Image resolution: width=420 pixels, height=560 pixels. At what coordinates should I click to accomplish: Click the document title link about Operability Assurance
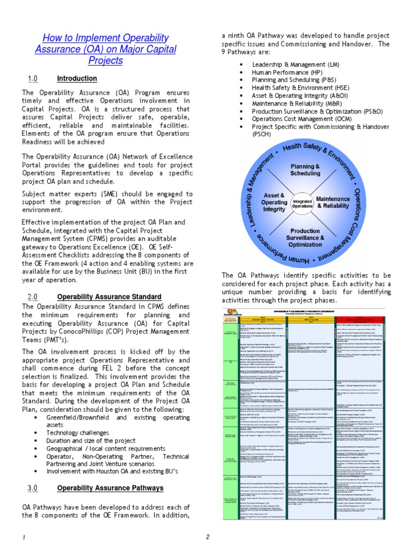[x=106, y=49]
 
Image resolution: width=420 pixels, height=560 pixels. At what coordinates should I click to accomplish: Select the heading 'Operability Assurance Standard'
[x=109, y=296]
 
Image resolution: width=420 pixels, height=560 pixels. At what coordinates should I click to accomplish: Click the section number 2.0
[x=32, y=296]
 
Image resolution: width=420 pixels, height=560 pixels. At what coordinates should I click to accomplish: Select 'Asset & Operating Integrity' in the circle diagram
[x=274, y=201]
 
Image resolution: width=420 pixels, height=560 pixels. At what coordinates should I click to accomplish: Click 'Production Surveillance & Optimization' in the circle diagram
[x=306, y=238]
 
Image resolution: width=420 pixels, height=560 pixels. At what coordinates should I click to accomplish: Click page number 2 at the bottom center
[x=208, y=537]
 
